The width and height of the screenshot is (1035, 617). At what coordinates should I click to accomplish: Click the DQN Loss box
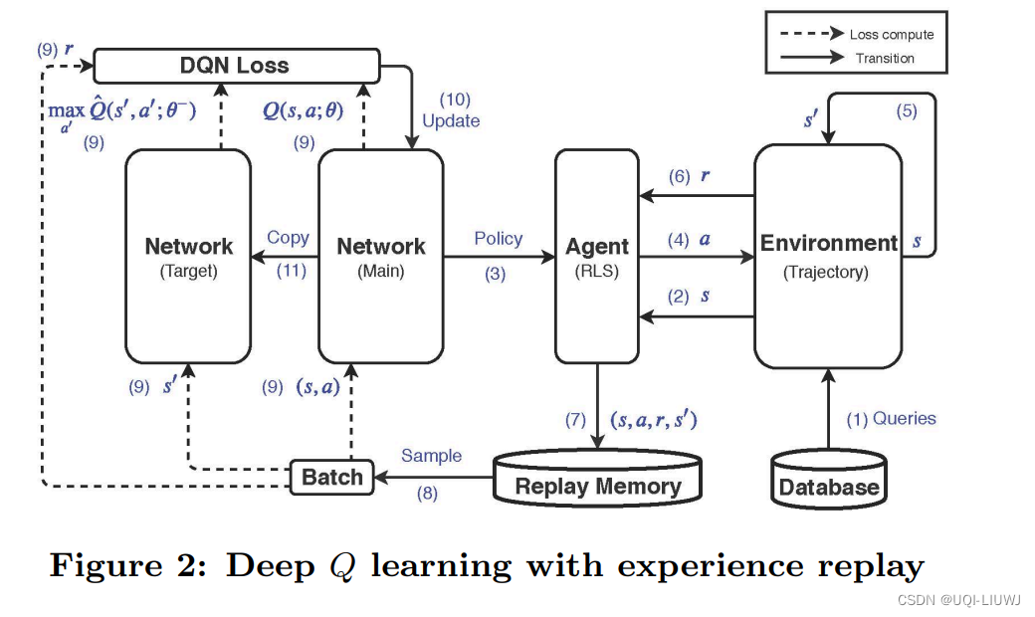(x=236, y=67)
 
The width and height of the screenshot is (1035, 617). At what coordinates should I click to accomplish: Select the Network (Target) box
(x=188, y=256)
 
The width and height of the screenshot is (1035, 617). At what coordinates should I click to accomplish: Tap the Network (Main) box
(x=380, y=256)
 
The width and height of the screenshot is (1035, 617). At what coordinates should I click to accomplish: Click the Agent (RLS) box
(x=597, y=256)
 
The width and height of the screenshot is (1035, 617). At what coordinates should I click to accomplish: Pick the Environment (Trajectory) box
(x=827, y=255)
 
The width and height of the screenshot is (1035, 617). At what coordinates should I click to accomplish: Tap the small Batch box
(x=332, y=477)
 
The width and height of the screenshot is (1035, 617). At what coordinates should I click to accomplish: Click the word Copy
(x=288, y=238)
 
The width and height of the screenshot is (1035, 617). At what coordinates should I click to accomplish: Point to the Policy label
(x=498, y=239)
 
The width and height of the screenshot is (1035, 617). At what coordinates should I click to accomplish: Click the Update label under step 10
(x=451, y=120)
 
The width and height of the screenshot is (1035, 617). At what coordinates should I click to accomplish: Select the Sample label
(x=431, y=456)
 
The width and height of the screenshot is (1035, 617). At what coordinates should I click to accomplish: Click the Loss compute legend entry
(x=890, y=34)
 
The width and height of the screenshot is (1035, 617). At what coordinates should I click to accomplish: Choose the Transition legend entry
(x=884, y=58)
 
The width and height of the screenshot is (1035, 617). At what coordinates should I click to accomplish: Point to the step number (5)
(x=906, y=111)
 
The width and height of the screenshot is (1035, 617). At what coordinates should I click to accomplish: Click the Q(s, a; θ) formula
(x=304, y=110)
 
